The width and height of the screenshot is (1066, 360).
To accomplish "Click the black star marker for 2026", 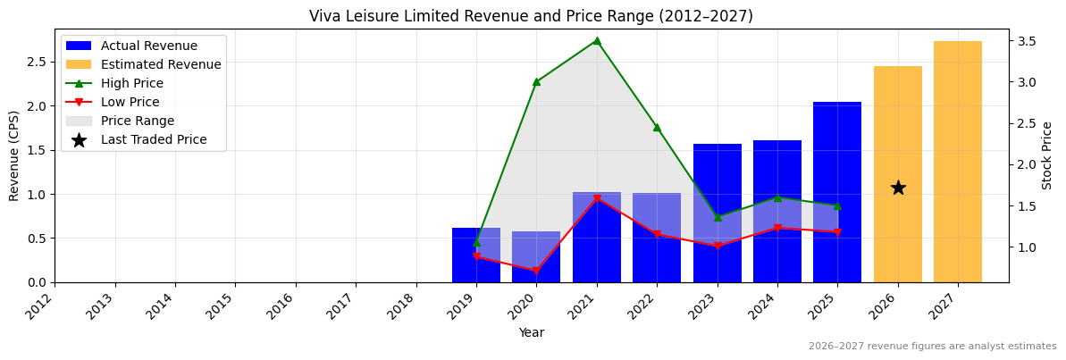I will pos(898,188).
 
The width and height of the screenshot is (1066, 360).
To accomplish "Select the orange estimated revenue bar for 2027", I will pos(957,161).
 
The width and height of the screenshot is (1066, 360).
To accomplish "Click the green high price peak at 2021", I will pos(597,40).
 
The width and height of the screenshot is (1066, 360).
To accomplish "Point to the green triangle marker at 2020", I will pos(536,81).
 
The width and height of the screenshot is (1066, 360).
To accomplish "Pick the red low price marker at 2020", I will pos(536,271).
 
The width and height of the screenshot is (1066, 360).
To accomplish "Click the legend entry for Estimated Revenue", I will pos(161,64).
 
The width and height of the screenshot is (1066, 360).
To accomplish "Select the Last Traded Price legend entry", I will pos(154,139).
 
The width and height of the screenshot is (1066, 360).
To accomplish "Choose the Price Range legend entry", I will pos(138,121).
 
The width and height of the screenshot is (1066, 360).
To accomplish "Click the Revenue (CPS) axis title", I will pos(14,155).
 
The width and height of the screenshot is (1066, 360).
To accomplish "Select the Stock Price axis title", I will pos(1047,155).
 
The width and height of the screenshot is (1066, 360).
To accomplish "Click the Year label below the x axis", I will pos(531,333).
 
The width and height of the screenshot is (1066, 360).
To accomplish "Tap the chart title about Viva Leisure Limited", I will pos(531,16).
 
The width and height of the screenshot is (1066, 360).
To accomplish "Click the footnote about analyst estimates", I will pos(932,347).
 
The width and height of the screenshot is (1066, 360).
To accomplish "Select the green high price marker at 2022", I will pos(657,127).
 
